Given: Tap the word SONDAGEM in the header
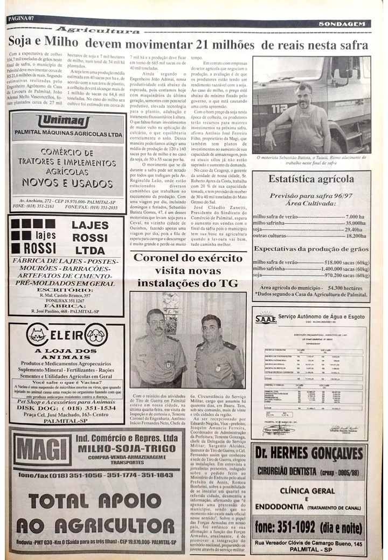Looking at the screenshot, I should pyautogui.click(x=341, y=24).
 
